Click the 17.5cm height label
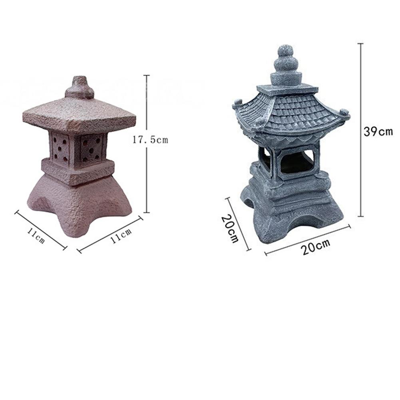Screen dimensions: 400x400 (x=150, y=140)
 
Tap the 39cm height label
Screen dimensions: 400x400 (x=378, y=131)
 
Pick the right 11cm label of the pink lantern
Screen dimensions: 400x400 (x=121, y=236)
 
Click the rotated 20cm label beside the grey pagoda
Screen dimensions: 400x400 (x=230, y=228)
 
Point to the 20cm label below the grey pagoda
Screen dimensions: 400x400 (x=316, y=247)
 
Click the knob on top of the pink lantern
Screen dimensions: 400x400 (x=80, y=88)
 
